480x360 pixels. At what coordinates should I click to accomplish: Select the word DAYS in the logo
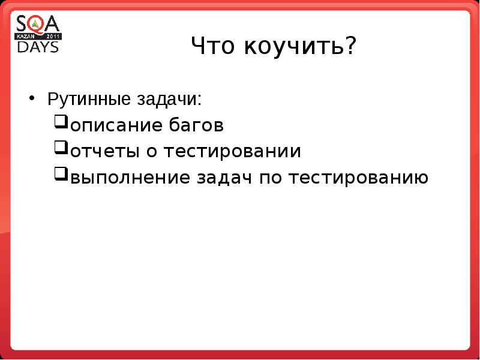pos(38,46)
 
